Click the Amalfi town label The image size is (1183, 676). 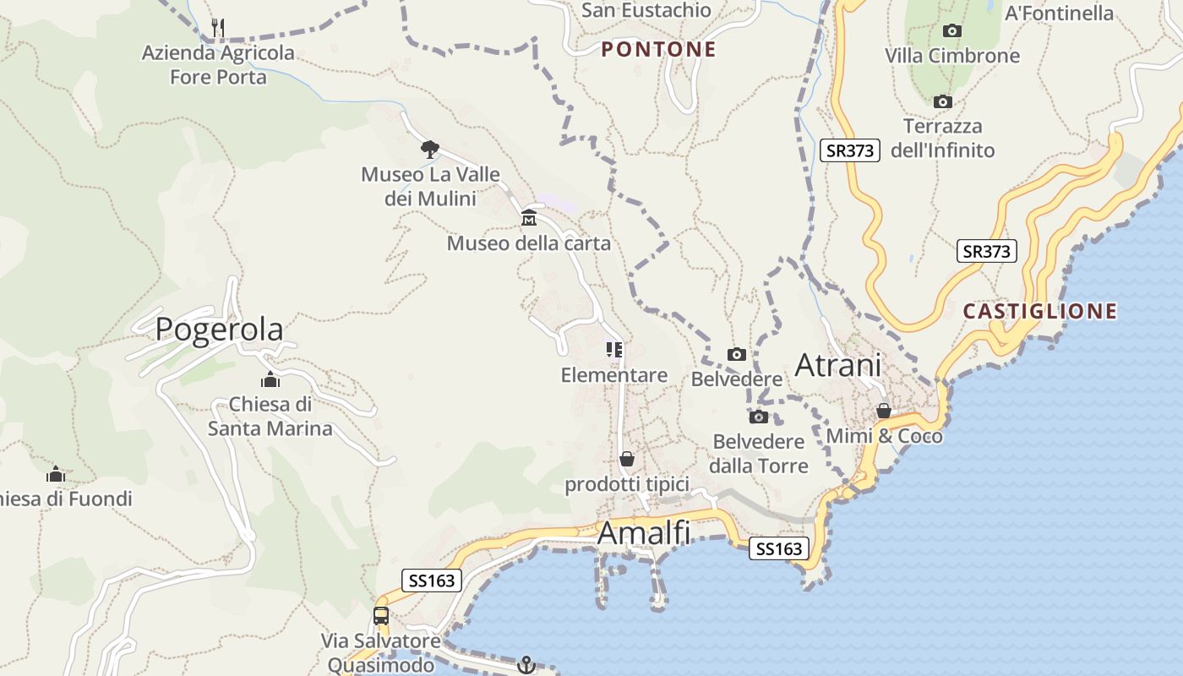point(644,533)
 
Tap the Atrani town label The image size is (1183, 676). point(837,365)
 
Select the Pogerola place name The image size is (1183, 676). point(219,329)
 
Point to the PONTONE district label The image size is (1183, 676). point(658,50)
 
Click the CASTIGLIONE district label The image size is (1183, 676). point(1039,311)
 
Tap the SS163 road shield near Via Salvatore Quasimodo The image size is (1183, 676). point(432,581)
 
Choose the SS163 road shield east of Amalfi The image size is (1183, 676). point(778,549)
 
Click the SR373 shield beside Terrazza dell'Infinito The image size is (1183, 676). point(850,150)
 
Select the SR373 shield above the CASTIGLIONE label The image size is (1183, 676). point(987,251)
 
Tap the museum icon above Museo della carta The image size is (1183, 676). point(529,218)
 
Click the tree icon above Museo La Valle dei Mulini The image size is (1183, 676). point(430,150)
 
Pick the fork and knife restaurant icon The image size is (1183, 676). point(218,28)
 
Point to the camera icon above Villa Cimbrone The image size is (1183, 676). point(952,31)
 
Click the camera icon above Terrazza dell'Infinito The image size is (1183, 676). point(942,102)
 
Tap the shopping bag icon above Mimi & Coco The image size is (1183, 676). point(884,411)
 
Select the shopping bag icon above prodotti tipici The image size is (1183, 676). point(627,459)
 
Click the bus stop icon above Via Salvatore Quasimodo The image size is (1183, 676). point(381,615)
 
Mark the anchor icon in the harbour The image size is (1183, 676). point(526,665)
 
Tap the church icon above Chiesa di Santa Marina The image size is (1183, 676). point(270,379)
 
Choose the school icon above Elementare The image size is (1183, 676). point(614,350)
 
